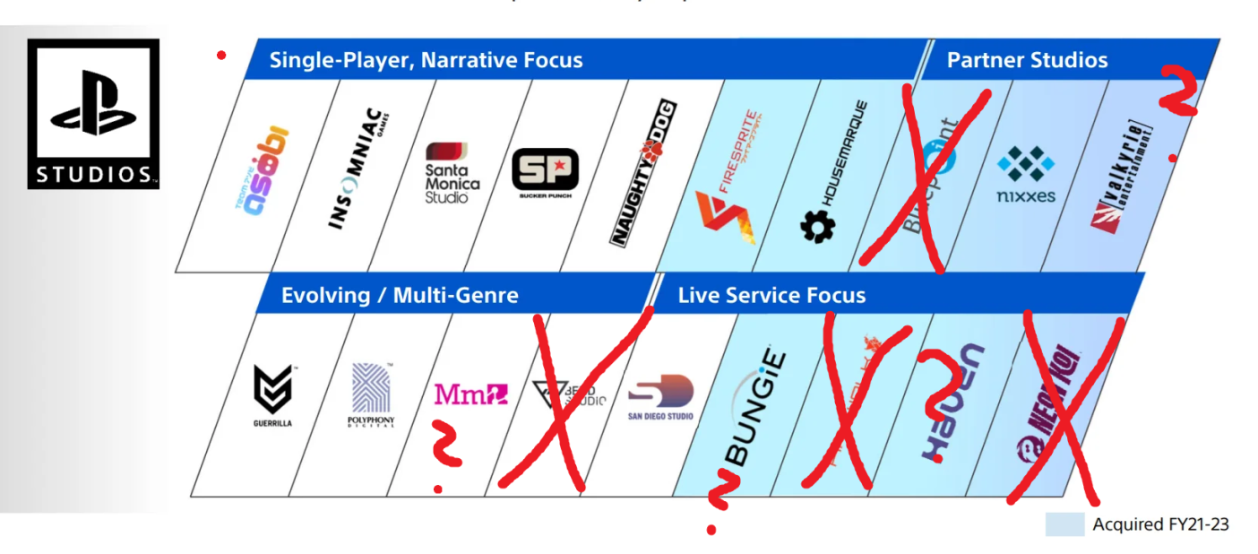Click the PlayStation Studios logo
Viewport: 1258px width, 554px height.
coord(93,113)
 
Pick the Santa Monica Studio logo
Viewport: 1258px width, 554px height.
coord(452,172)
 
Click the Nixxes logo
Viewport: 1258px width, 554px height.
coord(1026,174)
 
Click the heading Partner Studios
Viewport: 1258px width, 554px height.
coord(1027,60)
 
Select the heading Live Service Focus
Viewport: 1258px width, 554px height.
coord(771,295)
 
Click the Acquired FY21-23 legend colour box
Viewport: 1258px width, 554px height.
coord(1064,524)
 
